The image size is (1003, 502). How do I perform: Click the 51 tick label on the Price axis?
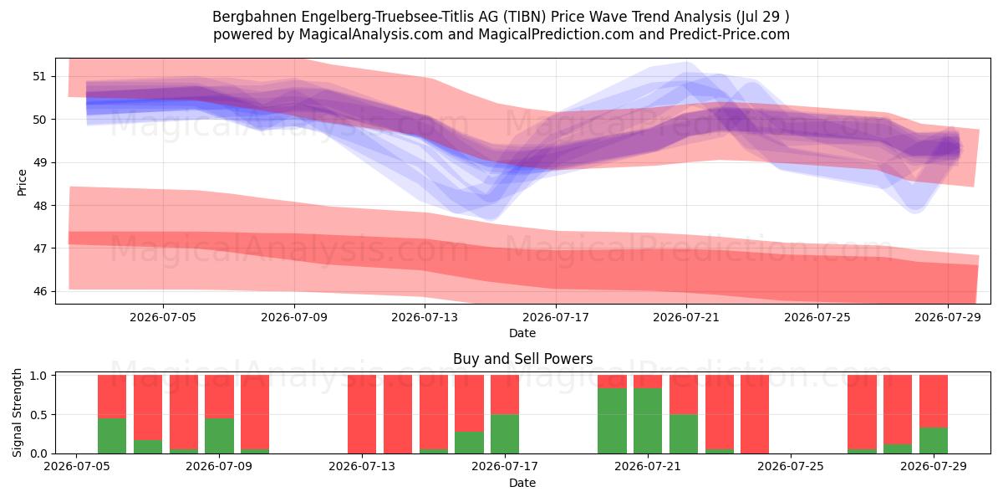[x=39, y=77]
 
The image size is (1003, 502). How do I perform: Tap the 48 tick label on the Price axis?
[x=39, y=206]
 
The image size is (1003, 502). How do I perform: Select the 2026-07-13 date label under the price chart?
[x=425, y=318]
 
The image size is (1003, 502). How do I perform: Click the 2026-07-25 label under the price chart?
[x=817, y=318]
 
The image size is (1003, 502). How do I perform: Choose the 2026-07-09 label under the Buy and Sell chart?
[x=219, y=467]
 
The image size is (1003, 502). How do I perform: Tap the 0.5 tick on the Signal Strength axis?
[x=39, y=415]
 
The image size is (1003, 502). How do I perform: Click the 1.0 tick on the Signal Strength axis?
[x=39, y=376]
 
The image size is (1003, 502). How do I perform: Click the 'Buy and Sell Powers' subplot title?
[x=522, y=359]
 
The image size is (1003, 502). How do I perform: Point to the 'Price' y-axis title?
[x=22, y=182]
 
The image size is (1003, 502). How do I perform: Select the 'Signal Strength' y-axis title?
[x=17, y=412]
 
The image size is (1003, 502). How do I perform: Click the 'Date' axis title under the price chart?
[x=522, y=333]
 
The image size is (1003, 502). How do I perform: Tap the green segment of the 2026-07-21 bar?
[x=648, y=421]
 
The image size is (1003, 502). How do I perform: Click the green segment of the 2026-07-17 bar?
[x=505, y=434]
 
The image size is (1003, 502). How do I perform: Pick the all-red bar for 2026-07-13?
[x=362, y=414]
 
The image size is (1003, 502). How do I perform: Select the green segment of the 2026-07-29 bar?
[x=934, y=441]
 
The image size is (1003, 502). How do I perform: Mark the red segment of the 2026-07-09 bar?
[x=219, y=397]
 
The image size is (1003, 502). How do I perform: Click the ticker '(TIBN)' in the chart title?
[x=524, y=17]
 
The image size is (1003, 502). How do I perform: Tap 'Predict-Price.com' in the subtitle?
[x=730, y=34]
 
